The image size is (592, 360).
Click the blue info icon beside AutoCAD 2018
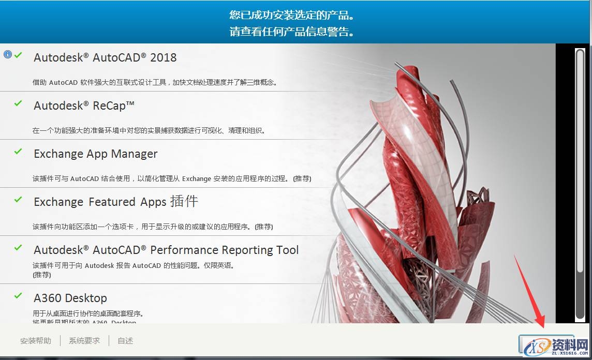[7, 54]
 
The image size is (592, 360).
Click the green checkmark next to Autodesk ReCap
[18, 103]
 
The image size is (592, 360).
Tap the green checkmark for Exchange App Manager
[18, 152]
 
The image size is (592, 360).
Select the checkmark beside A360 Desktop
[18, 296]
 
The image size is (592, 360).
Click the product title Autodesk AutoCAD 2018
[105, 57]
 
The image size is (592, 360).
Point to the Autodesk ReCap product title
[84, 106]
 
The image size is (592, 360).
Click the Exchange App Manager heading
[96, 154]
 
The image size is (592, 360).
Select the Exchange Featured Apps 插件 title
[116, 202]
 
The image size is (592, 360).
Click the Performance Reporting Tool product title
[166, 250]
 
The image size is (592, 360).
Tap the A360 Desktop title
[70, 298]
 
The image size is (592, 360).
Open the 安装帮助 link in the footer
[36, 341]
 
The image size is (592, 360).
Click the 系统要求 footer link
[84, 341]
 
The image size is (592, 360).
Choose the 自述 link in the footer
[125, 341]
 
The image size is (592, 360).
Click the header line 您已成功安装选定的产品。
[292, 14]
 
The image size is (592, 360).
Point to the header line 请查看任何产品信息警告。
[292, 32]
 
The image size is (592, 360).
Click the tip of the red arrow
[544, 327]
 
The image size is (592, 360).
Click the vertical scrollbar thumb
[580, 160]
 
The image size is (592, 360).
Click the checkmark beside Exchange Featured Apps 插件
[18, 199]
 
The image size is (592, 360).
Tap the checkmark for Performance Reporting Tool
[18, 248]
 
